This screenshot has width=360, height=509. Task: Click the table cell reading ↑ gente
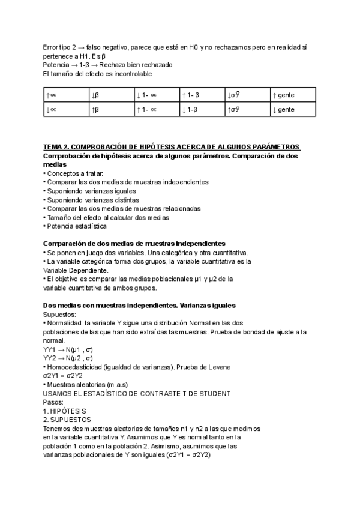pos(283,95)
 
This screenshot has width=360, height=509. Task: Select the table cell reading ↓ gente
pos(283,110)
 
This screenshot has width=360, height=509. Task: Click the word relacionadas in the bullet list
pos(179,208)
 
